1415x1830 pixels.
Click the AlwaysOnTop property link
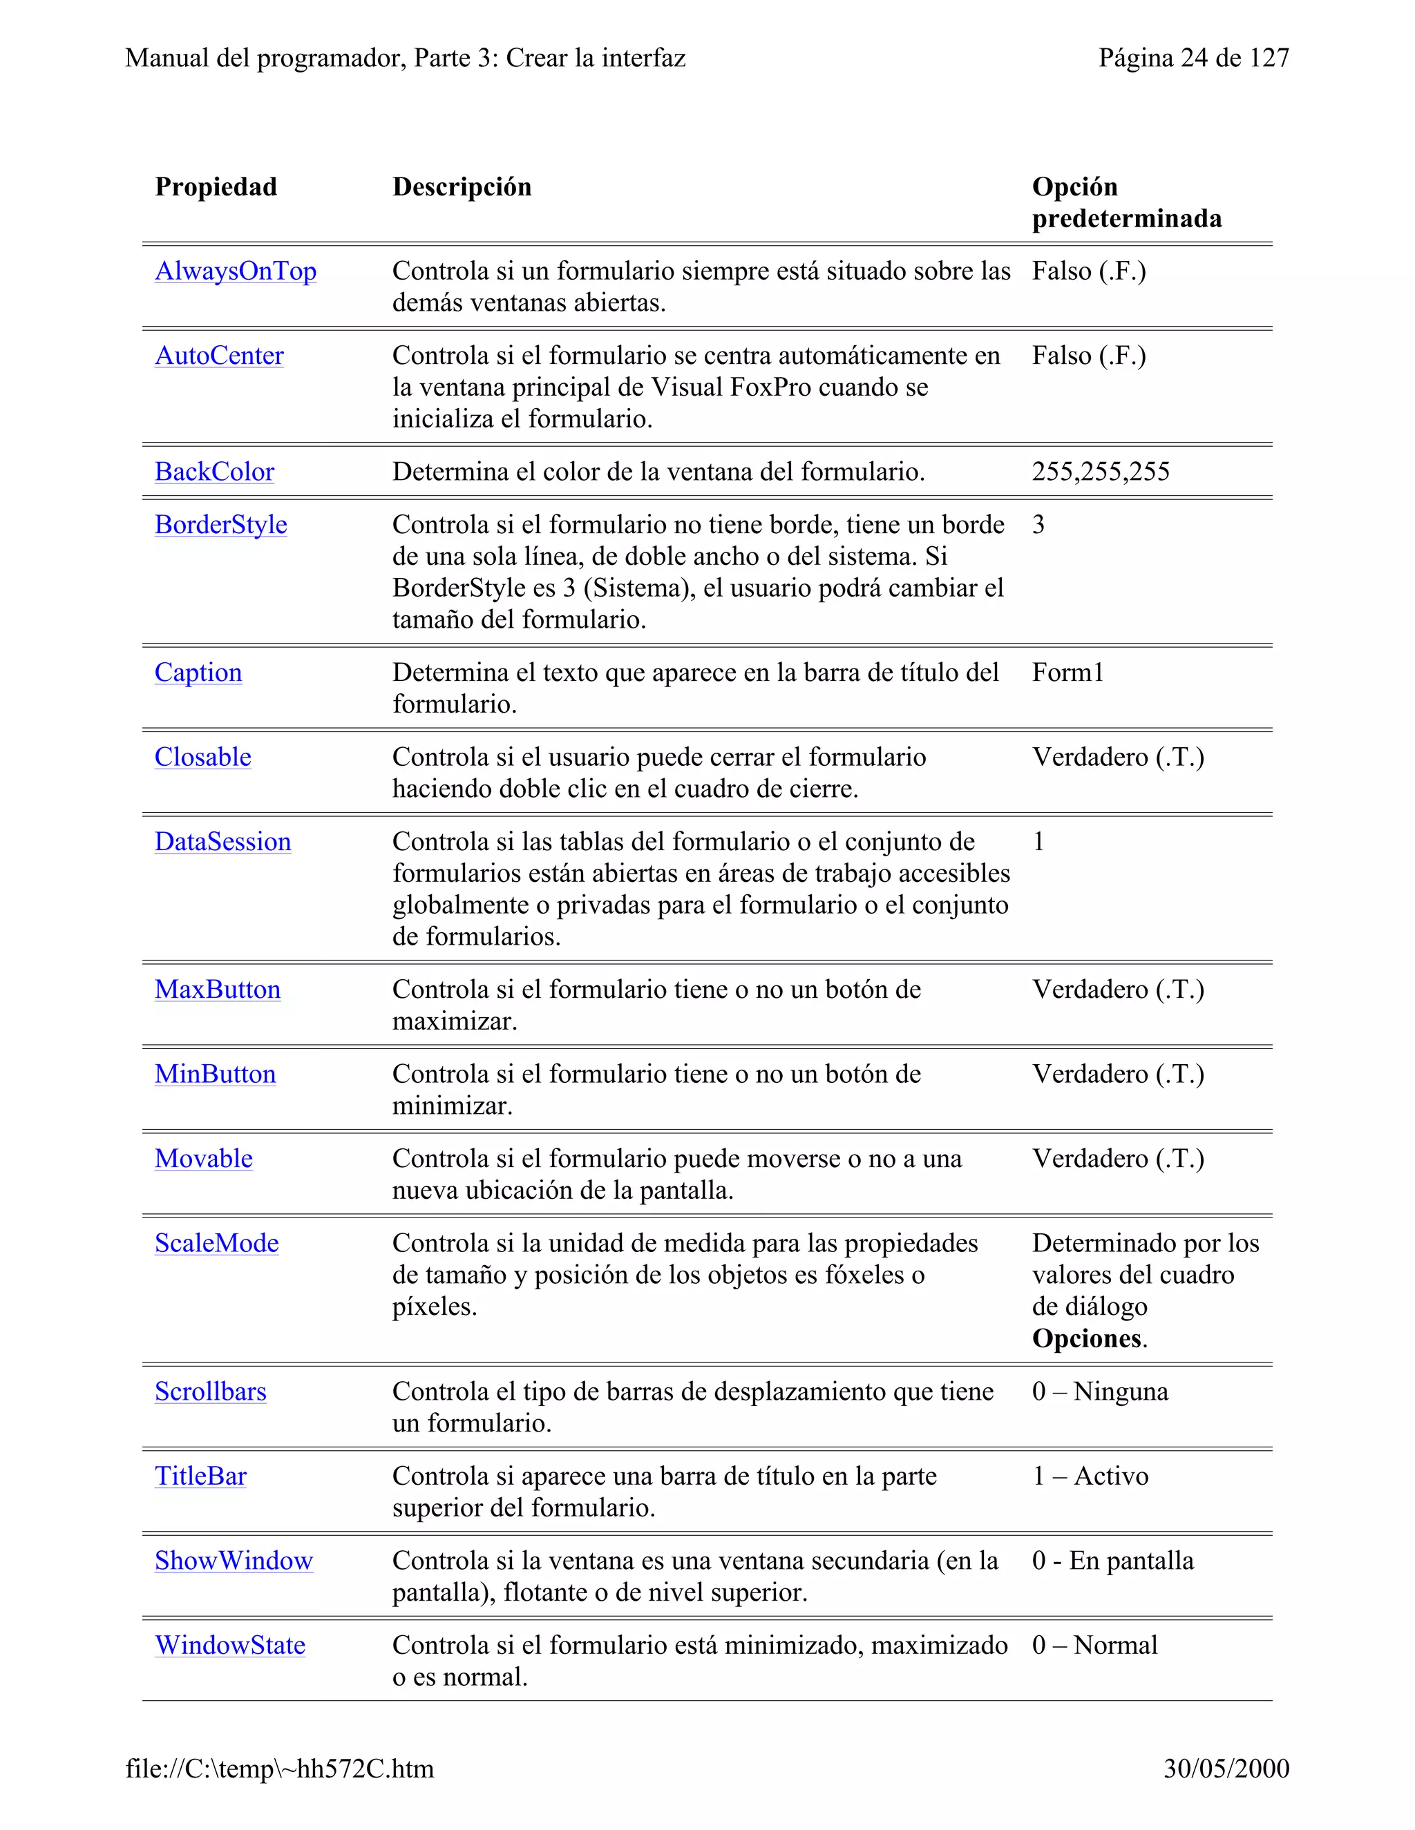click(236, 271)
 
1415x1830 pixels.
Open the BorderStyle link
click(220, 525)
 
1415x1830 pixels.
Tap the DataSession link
click(222, 842)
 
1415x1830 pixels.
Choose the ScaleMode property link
click(216, 1244)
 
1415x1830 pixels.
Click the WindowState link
click(229, 1646)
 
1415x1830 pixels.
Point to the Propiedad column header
click(216, 187)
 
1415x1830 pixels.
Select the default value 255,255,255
click(1100, 472)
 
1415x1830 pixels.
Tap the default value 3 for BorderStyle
click(1038, 525)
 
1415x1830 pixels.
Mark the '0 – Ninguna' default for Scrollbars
click(1099, 1391)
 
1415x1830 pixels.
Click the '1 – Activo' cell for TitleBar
click(1090, 1476)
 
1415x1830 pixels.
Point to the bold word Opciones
click(1086, 1339)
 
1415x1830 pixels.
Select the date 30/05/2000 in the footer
click(1226, 1769)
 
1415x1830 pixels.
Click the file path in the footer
click(279, 1769)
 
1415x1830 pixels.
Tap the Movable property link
click(203, 1159)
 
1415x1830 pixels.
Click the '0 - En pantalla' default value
click(1112, 1561)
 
